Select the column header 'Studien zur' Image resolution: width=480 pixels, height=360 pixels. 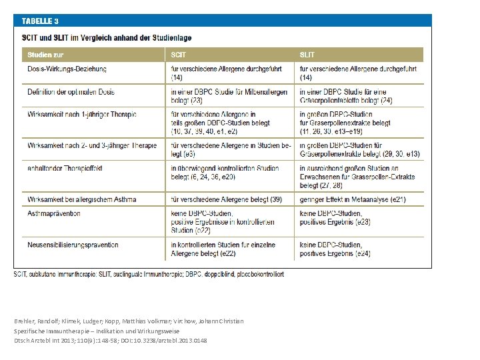tap(45, 55)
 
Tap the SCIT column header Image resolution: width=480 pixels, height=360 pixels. tap(179, 55)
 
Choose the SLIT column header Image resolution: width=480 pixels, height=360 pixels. tap(307, 55)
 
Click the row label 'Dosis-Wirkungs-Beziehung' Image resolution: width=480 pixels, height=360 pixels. tap(67, 69)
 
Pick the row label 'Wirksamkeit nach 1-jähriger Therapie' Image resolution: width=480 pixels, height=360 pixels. tap(82, 114)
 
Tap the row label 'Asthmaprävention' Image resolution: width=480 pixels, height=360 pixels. tap(54, 213)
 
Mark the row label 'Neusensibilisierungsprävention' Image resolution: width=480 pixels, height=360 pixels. tap(73, 245)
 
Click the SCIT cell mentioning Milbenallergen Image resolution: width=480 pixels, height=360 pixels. tap(229, 95)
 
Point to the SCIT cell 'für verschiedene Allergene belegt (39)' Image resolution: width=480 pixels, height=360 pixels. tap(226, 199)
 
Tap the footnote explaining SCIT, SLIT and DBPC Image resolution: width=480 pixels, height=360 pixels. tap(149, 274)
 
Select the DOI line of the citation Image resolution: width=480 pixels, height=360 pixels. tap(110, 341)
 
